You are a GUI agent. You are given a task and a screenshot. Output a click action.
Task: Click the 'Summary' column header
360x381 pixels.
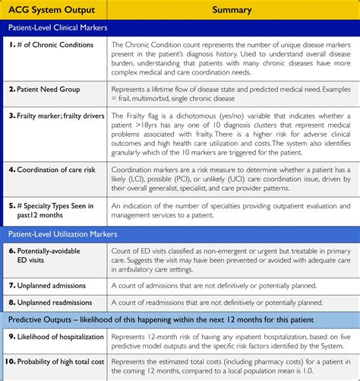pyautogui.click(x=232, y=10)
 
